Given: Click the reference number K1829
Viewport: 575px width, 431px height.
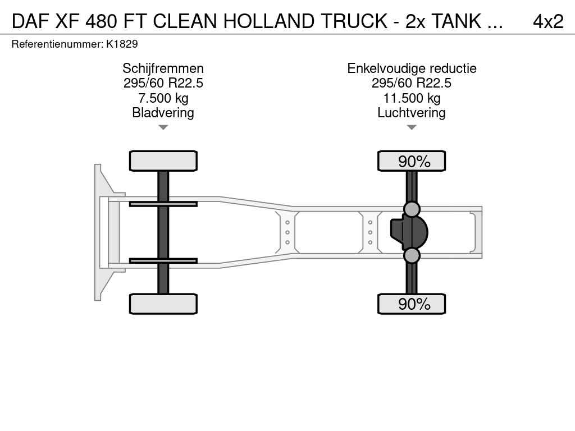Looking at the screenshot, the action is click(122, 44).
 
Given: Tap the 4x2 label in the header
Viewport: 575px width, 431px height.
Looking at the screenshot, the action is click(548, 21).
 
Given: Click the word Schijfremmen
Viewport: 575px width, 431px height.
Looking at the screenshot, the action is click(163, 68).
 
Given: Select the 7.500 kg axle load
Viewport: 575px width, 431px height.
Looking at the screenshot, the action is click(163, 98).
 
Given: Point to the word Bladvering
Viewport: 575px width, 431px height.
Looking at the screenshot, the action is click(163, 112).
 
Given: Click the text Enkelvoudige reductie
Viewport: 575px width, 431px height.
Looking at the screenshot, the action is click(412, 68).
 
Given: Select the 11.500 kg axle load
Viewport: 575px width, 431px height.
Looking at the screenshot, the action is click(412, 98).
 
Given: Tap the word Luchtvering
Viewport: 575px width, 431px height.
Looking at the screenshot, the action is click(412, 112).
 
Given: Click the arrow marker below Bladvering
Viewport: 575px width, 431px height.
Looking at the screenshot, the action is click(163, 127).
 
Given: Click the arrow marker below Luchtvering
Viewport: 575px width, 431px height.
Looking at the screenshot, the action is click(412, 127).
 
